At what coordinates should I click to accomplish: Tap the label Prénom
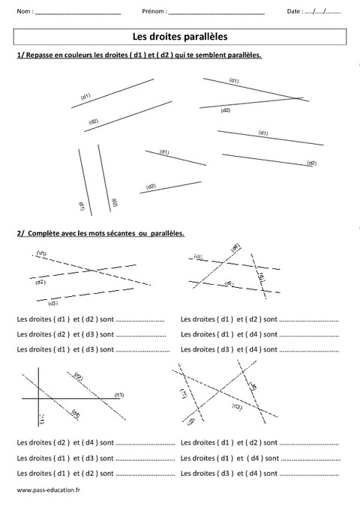pyautogui.click(x=153, y=12)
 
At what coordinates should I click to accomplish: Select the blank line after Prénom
pyautogui.click(x=217, y=13)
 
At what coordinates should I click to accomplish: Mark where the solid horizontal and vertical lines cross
pyautogui.click(x=38, y=398)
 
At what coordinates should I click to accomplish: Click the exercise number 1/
pyautogui.click(x=19, y=55)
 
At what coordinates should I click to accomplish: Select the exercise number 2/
pyautogui.click(x=19, y=233)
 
